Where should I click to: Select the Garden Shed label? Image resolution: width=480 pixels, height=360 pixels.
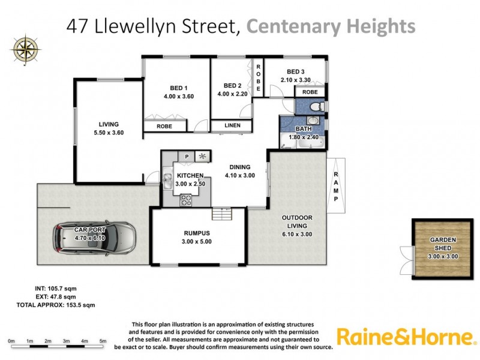pos(443,243)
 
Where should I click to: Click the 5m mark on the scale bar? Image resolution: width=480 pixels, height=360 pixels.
pos(103,342)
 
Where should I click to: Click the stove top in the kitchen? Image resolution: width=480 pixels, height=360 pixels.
pos(187,200)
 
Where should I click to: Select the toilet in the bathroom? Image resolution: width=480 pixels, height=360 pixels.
pos(318,106)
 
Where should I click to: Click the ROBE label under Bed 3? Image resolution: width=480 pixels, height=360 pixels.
pos(310,92)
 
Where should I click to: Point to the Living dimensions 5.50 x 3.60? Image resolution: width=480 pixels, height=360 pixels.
pos(109,133)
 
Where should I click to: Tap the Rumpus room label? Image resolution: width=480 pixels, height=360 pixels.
pos(197,233)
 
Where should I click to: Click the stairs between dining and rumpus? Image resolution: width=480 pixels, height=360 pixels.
pos(222,214)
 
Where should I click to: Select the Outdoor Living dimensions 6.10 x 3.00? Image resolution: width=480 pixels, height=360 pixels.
pos(298,235)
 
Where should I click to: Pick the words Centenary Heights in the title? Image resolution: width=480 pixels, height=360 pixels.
pos(331,26)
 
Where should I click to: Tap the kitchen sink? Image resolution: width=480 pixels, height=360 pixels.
pos(169,179)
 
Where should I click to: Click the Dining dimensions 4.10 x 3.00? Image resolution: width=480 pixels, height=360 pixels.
pos(239,176)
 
